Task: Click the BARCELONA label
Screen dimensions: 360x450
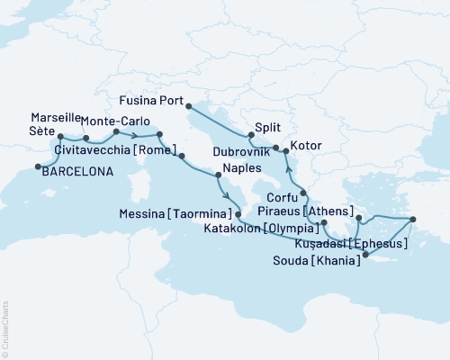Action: coord(78,175)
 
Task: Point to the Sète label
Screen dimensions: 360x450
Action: coord(42,131)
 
